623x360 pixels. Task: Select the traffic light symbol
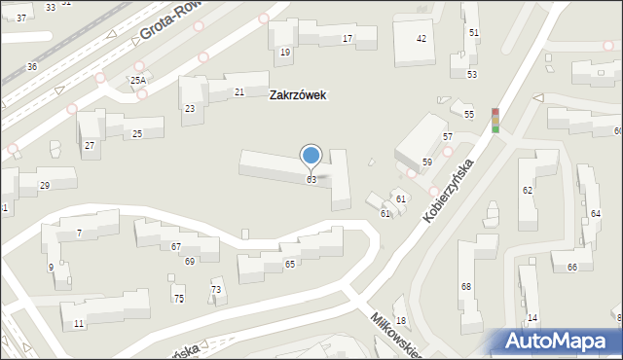[495, 120]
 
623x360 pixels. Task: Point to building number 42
[421, 39]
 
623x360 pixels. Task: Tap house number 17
[347, 39]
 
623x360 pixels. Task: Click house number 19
[284, 52]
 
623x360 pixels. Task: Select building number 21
[239, 91]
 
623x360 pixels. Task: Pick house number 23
[190, 108]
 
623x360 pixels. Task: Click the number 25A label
[138, 80]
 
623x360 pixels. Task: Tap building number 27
[90, 145]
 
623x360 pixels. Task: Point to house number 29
[44, 185]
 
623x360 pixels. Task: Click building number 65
[289, 264]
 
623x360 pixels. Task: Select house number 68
[465, 286]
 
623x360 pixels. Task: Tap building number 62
[527, 190]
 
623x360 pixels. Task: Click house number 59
[426, 162]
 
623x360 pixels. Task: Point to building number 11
[78, 322]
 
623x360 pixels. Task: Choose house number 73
[216, 290]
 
